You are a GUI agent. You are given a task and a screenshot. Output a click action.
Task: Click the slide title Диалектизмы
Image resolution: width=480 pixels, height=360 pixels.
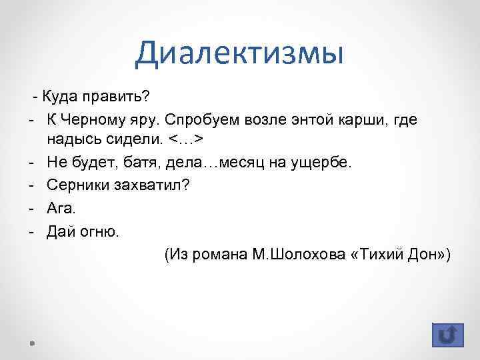pyautogui.click(x=239, y=53)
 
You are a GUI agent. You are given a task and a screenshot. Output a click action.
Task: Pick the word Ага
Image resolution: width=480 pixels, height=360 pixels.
pyautogui.click(x=61, y=208)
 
